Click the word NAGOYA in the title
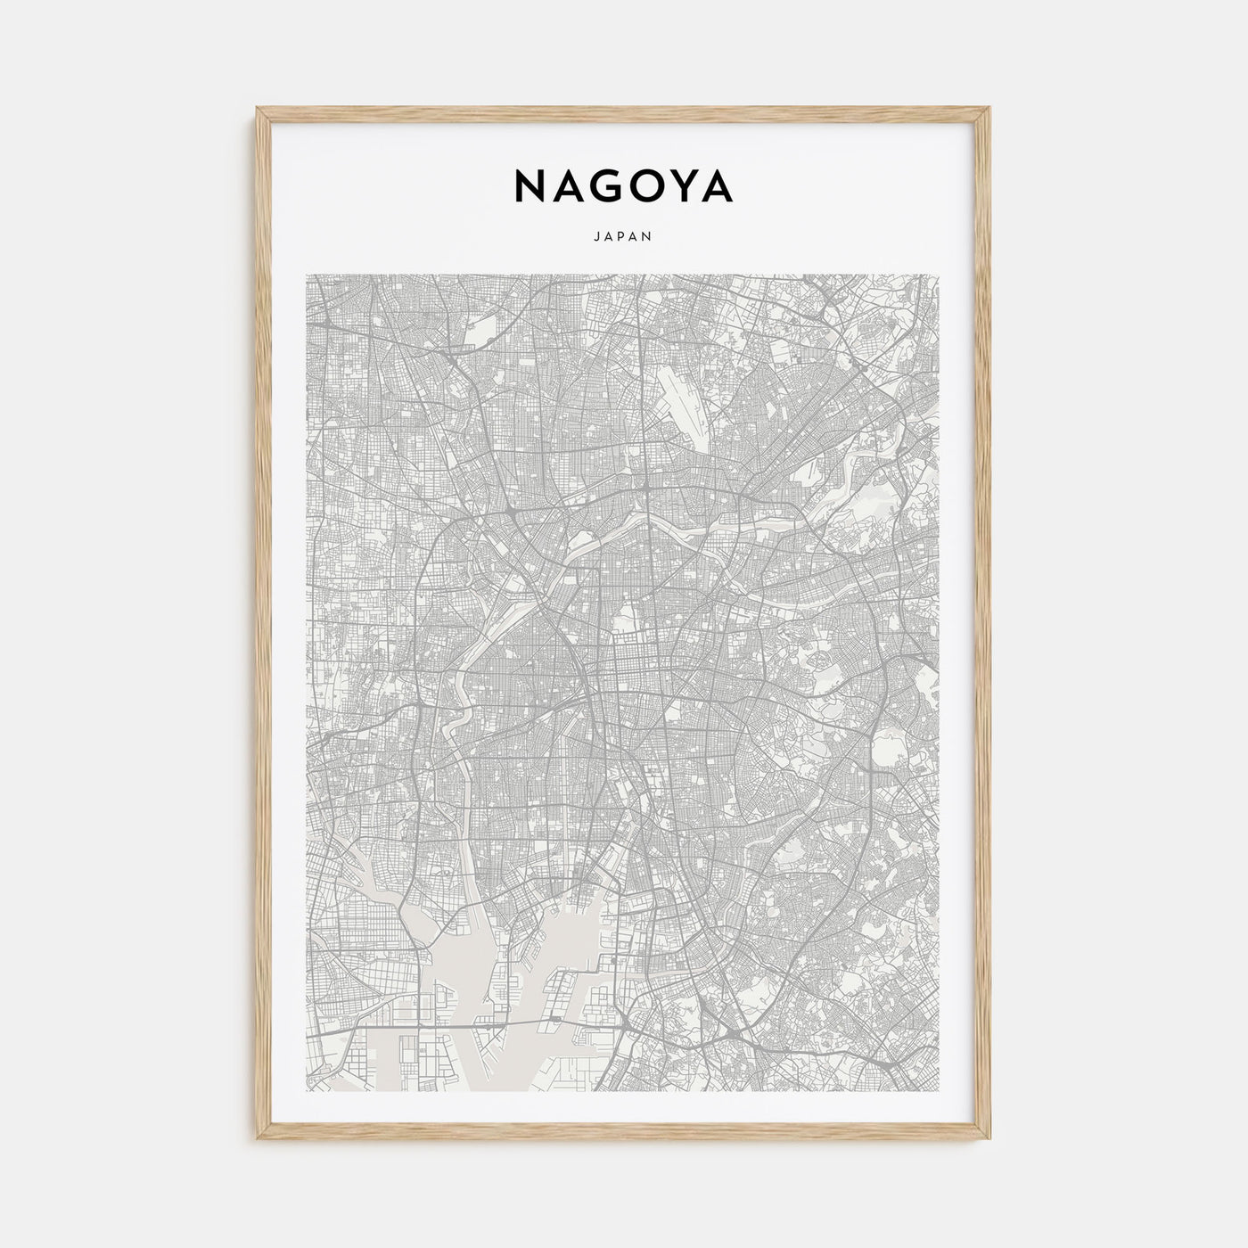point(623,186)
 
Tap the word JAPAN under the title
point(623,237)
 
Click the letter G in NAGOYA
point(599,186)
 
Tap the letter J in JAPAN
point(597,237)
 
